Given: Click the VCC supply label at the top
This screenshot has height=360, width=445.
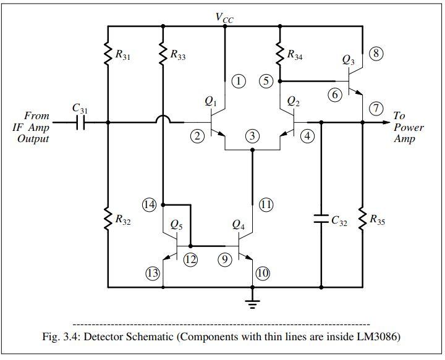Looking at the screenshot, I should click(224, 17).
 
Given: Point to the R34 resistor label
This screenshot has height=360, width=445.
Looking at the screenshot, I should click(295, 54).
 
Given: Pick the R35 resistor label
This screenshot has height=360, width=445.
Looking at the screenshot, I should click(377, 219).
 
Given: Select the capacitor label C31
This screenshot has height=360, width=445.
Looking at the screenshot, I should click(79, 107).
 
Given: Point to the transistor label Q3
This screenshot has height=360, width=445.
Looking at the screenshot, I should click(348, 61).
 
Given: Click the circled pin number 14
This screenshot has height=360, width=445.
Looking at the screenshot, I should click(150, 204).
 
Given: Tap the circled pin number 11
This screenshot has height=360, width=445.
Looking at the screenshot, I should click(266, 205).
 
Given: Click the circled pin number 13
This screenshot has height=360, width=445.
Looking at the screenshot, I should click(152, 272).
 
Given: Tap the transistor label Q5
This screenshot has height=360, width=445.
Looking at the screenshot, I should click(176, 226).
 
